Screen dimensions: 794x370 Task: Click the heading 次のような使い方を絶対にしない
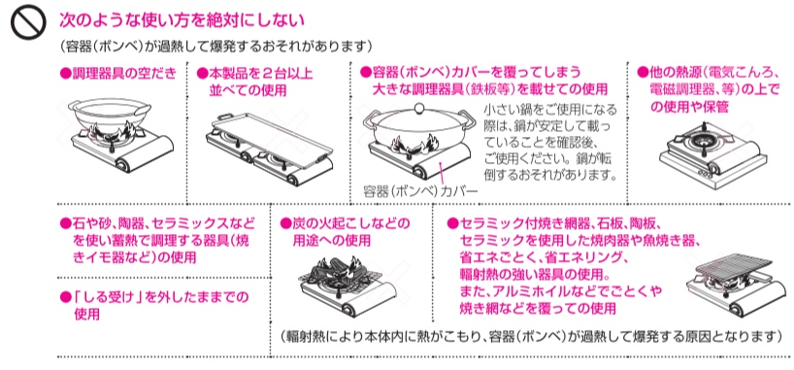coord(182,20)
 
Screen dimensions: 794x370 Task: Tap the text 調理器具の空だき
coord(118,74)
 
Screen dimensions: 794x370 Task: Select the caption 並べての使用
coord(248,90)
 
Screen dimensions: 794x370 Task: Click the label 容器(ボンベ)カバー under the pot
coord(421,191)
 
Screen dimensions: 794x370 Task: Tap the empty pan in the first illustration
coord(110,115)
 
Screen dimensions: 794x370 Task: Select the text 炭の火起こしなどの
coord(346,223)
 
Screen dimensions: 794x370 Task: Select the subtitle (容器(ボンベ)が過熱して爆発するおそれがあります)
coord(216,48)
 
